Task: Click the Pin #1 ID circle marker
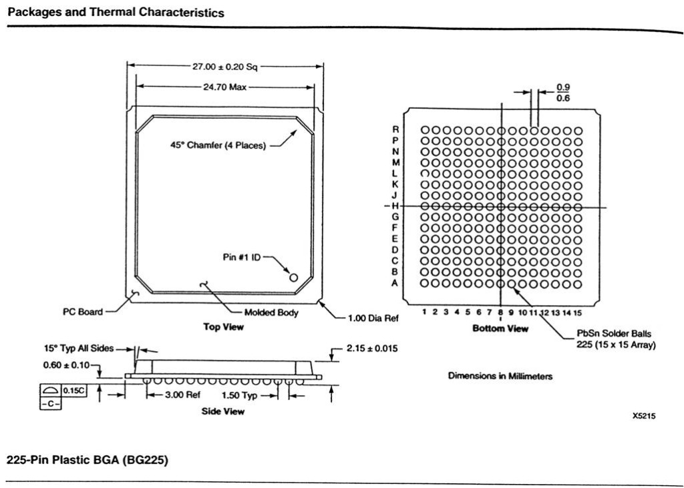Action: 293,276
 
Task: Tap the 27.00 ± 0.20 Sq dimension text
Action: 225,66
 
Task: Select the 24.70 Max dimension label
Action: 225,87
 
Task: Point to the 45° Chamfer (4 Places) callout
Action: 218,146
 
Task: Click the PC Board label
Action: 83,312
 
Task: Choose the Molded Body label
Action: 271,312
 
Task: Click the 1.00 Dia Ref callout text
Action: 373,318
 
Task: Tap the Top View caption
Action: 223,327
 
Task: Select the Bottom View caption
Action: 500,328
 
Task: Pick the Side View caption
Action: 223,411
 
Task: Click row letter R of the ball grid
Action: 395,129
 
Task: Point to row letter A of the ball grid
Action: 395,283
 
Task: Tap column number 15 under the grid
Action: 578,312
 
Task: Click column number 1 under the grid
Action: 425,312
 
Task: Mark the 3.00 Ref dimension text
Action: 182,395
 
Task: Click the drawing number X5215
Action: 644,416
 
